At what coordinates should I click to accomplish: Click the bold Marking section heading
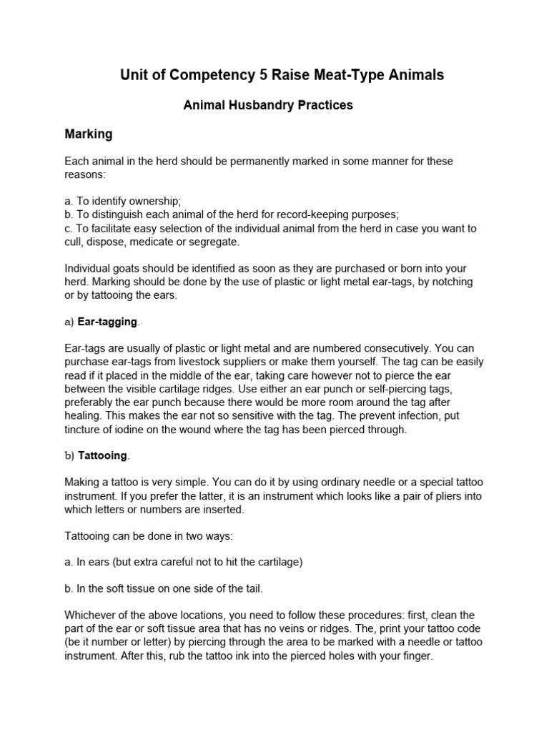tap(89, 134)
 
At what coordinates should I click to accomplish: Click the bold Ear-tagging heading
tap(107, 322)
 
